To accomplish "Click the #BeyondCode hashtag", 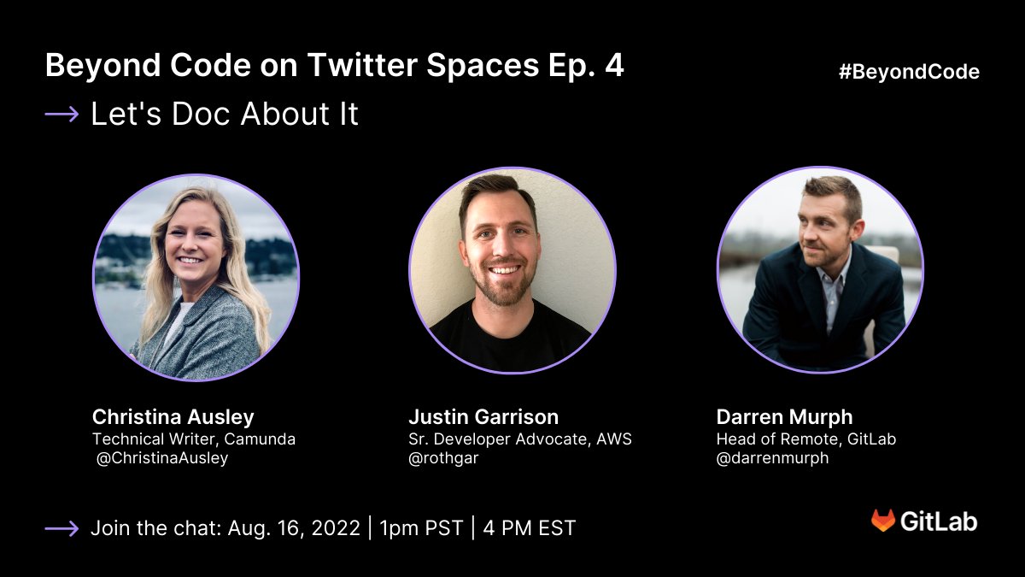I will [x=909, y=72].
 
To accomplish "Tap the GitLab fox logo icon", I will [x=883, y=521].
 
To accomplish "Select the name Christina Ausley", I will [x=173, y=417].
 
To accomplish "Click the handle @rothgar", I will [x=444, y=458].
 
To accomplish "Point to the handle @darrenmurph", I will [x=772, y=458].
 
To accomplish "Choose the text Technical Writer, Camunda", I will [x=194, y=439].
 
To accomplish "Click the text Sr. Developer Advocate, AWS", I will [x=520, y=439].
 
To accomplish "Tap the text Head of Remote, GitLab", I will [x=806, y=439].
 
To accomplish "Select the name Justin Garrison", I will [x=483, y=417].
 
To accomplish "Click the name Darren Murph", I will [x=784, y=417].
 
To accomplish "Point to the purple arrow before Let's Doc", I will [x=61, y=114].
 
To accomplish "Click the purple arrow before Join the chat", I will [x=61, y=529].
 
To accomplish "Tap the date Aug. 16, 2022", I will [x=294, y=528].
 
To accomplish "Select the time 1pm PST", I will [x=421, y=528].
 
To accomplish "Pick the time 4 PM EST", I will [x=529, y=528].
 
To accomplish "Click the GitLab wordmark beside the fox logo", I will [x=939, y=521].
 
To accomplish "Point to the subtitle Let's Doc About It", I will [x=225, y=115].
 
